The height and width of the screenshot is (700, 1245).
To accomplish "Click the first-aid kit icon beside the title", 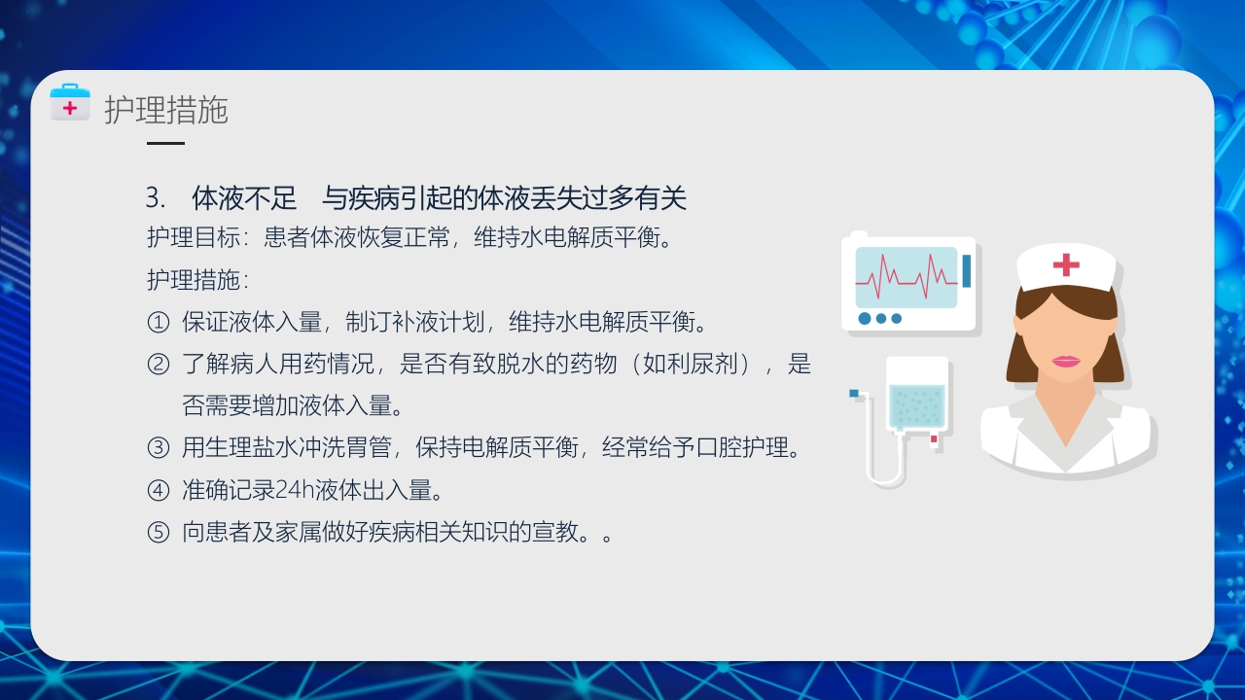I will (x=70, y=104).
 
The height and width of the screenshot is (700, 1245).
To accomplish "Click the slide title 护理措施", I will (x=166, y=111).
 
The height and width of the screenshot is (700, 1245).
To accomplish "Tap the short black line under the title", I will (x=165, y=143).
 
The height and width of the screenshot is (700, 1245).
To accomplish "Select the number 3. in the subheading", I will (x=156, y=198).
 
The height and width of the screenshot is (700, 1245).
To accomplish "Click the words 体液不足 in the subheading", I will (x=244, y=198).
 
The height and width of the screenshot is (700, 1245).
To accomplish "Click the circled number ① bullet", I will (x=158, y=322).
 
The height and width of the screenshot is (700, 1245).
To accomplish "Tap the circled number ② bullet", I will (x=158, y=365).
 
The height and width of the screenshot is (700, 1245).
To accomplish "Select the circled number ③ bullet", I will (x=158, y=448).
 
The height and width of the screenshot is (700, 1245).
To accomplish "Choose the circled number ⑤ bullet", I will (x=158, y=533).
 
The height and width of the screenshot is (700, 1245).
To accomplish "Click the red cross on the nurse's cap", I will (x=1066, y=264).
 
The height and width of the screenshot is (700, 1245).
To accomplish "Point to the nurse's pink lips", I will (x=1066, y=361).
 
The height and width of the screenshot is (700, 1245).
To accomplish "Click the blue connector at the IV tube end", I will (x=854, y=393).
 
